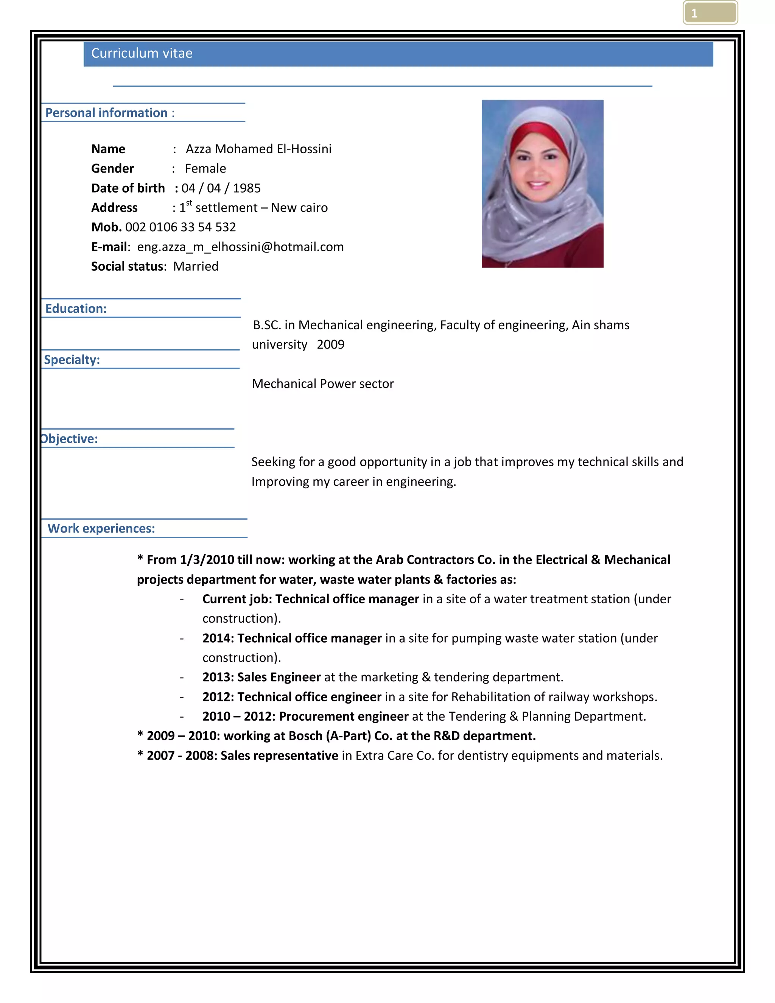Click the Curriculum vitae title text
coord(142,53)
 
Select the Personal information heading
coord(106,113)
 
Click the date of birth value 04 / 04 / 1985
coord(221,188)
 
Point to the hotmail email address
coord(240,247)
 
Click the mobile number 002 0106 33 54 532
coord(181,227)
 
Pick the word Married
coord(196,267)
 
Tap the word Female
coord(205,168)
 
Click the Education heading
coord(76,308)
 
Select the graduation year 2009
coord(331,344)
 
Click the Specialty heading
coord(72,360)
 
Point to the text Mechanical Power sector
coord(323,384)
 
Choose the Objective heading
coord(69,439)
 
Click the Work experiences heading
coord(101,529)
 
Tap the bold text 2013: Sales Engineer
coord(261,677)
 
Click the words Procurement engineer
coord(344,716)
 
